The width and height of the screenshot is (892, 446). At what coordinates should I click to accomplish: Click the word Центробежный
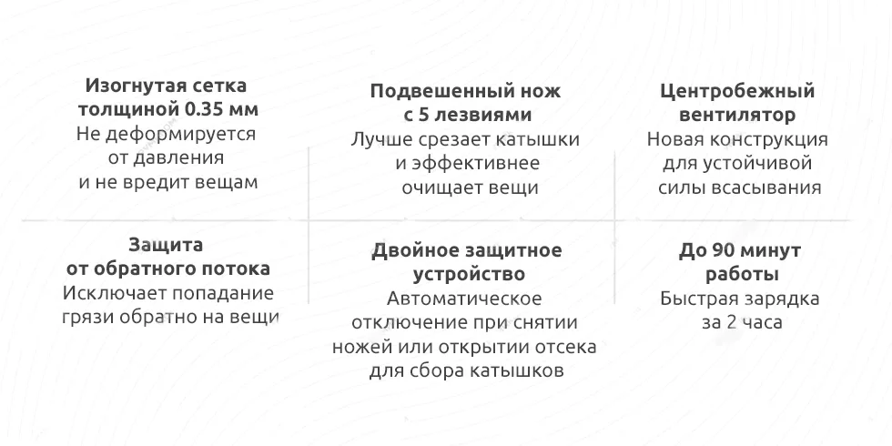click(737, 92)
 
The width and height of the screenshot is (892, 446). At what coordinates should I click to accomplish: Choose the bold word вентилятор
click(737, 117)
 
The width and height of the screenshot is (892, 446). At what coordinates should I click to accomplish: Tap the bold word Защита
click(166, 245)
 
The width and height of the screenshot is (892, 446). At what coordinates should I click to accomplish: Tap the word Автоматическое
click(464, 299)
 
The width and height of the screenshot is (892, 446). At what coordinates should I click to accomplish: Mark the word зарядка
click(780, 299)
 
